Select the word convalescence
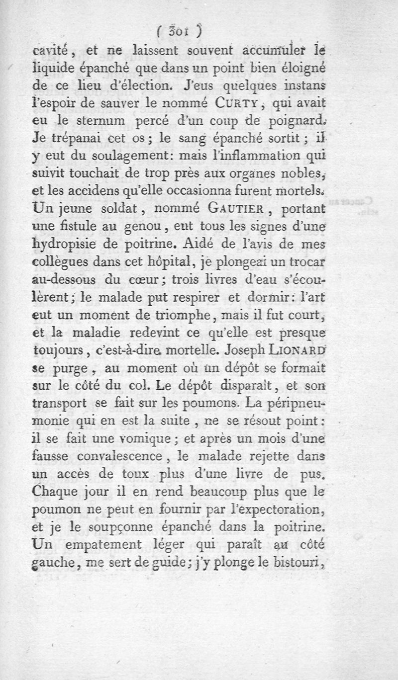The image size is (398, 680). coord(131,456)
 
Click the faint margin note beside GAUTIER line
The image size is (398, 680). coord(367,205)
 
